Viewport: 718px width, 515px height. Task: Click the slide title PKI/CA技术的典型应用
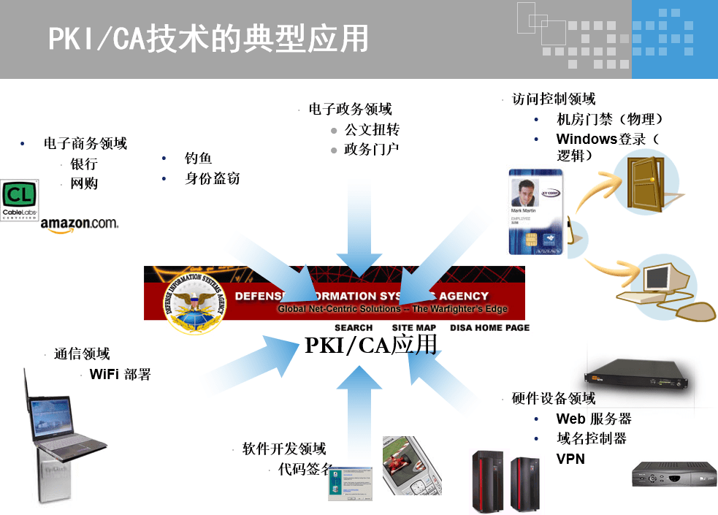point(207,39)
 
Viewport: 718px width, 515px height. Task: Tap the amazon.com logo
point(79,224)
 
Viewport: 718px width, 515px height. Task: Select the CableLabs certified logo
point(19,199)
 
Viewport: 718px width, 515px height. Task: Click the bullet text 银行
point(84,164)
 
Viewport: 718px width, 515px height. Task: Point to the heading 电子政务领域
point(350,110)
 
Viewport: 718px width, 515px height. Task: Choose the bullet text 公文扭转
point(372,130)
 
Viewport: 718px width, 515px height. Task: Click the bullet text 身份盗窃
point(212,178)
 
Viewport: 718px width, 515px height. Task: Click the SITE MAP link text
point(413,328)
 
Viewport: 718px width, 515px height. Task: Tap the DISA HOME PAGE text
point(489,328)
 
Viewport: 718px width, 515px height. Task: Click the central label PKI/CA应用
point(370,345)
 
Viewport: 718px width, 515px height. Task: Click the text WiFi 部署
point(120,375)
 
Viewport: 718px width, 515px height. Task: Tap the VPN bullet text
point(570,459)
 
